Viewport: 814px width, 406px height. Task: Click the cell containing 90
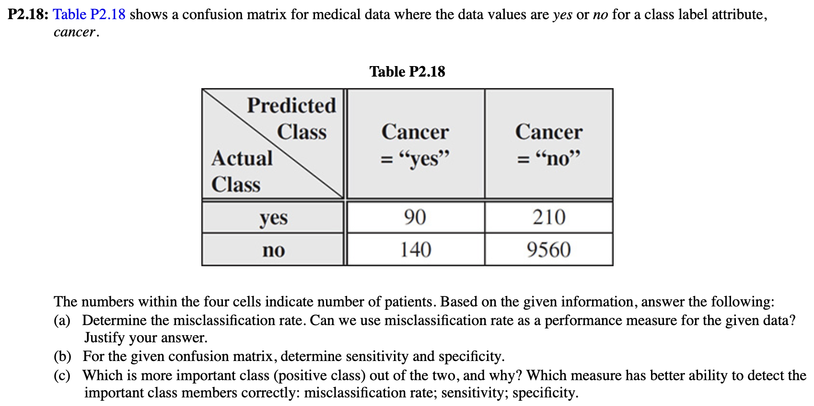[415, 217]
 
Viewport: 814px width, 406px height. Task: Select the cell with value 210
[549, 217]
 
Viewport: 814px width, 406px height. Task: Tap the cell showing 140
[415, 249]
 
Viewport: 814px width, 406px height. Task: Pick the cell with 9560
[548, 249]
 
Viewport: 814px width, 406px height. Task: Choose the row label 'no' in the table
[274, 250]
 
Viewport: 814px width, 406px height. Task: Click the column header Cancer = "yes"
[415, 144]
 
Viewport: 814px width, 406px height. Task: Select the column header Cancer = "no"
[549, 144]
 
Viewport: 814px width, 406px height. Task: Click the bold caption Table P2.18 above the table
[407, 72]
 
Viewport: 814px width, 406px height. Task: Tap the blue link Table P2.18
[89, 14]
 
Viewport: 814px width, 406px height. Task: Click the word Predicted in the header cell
[291, 105]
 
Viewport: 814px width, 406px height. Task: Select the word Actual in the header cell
[242, 158]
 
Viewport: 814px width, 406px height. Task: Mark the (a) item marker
[62, 320]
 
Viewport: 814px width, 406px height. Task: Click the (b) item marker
[62, 356]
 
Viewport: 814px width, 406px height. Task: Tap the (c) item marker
[62, 375]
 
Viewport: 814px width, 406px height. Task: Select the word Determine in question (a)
[114, 320]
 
